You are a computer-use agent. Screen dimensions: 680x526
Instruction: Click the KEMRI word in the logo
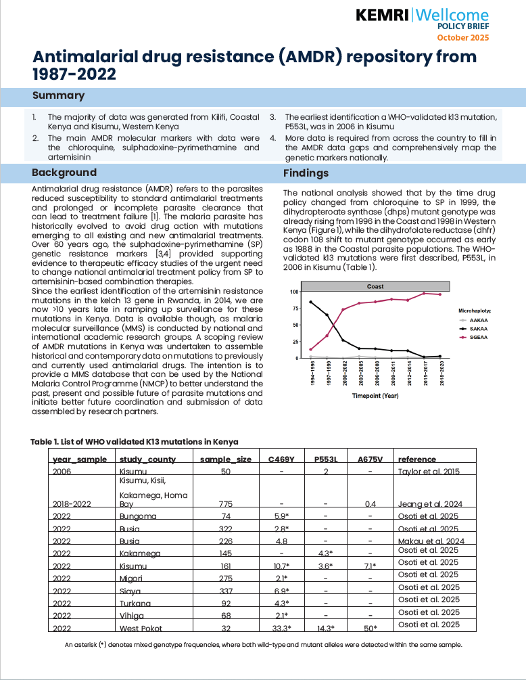(x=381, y=15)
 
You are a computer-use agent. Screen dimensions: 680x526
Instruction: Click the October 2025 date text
(x=462, y=37)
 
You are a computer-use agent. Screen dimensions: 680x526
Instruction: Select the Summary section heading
(x=58, y=95)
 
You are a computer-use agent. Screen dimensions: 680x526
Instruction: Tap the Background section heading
(x=64, y=173)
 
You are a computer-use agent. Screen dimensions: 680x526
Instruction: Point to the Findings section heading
(x=306, y=173)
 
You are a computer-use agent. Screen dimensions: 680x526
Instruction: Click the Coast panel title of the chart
(x=375, y=286)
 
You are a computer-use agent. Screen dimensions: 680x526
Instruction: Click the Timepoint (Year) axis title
(x=375, y=396)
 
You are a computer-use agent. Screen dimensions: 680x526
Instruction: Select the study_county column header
(x=147, y=459)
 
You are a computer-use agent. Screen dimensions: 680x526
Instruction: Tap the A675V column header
(x=370, y=459)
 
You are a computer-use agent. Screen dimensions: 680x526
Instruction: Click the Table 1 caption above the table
(x=135, y=442)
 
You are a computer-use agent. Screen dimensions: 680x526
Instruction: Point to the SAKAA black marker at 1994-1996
(x=310, y=302)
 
